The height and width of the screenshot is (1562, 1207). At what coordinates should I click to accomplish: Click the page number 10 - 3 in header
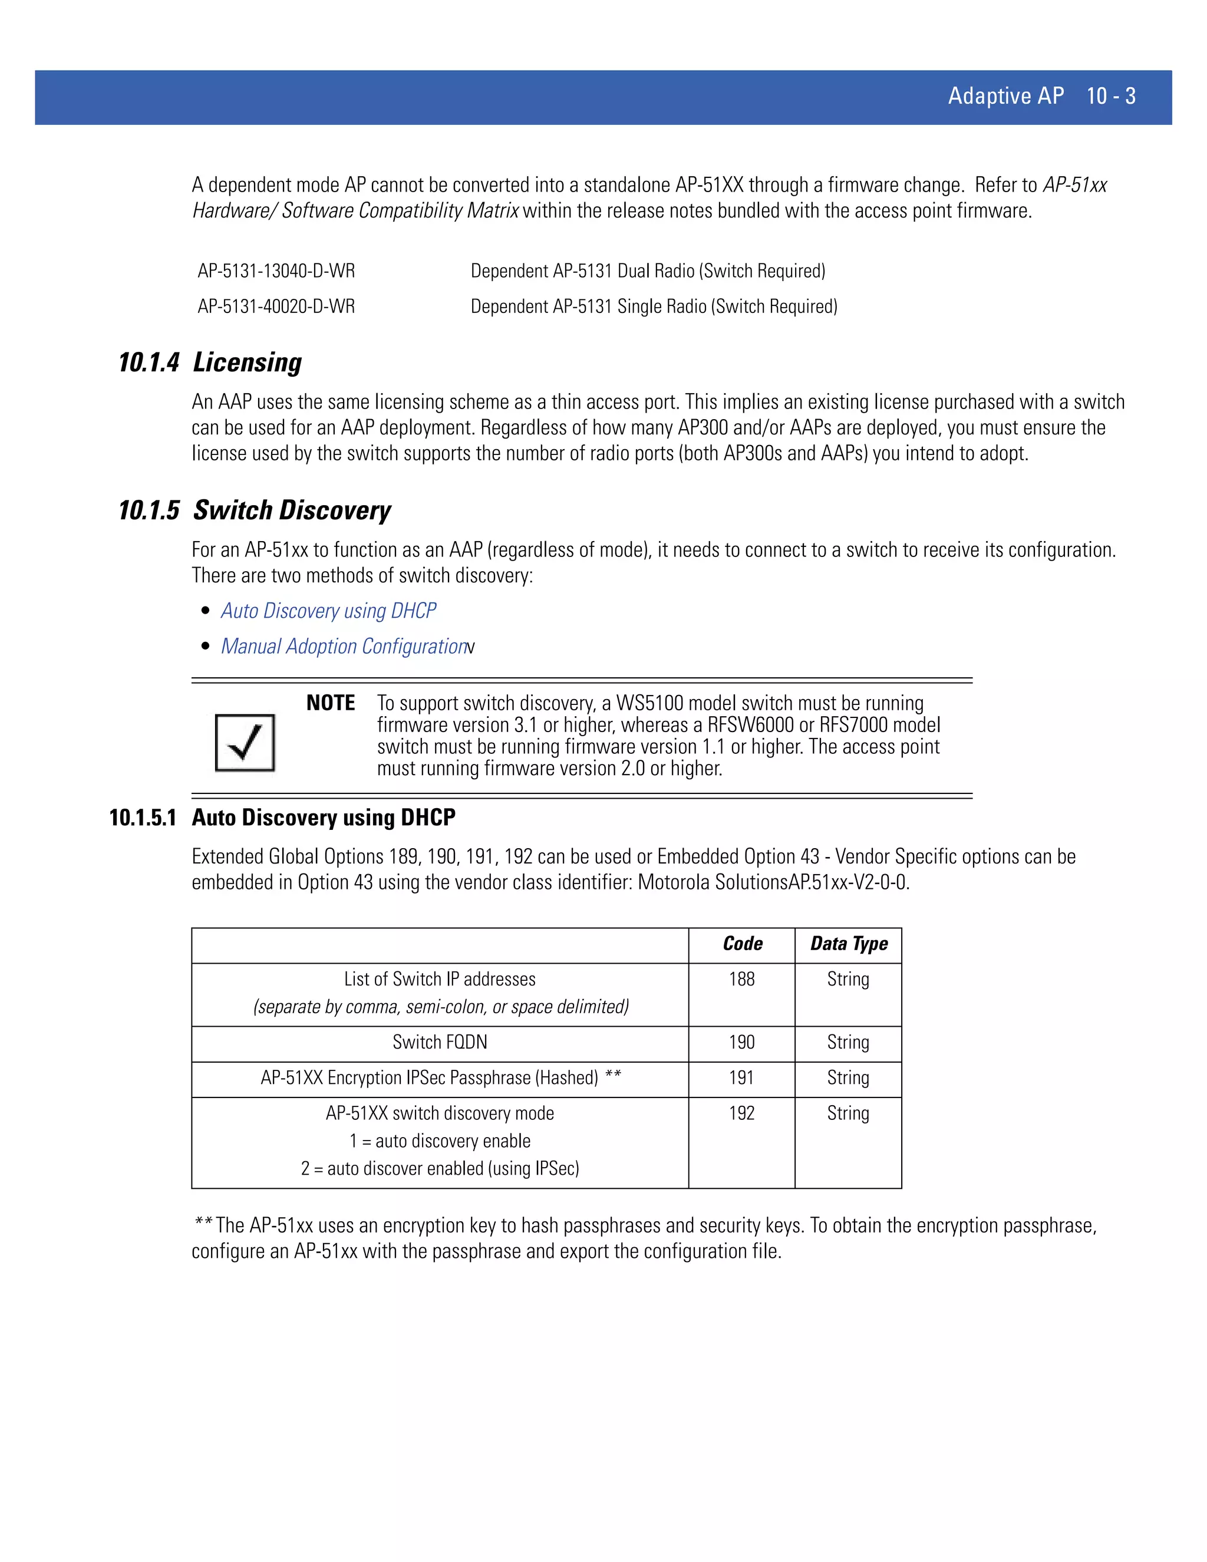(1110, 96)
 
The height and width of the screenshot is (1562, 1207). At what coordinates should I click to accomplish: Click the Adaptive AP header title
(1005, 96)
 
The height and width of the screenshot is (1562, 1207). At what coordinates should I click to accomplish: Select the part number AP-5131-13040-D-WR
(276, 271)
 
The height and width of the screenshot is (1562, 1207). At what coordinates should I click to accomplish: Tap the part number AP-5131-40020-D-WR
(276, 307)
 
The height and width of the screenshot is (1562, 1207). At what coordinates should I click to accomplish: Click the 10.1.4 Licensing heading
(210, 363)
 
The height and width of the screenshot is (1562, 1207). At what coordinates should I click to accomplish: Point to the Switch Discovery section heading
(292, 510)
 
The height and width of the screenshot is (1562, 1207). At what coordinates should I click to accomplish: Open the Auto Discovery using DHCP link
(328, 611)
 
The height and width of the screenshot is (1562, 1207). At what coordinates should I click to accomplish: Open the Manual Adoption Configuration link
(344, 647)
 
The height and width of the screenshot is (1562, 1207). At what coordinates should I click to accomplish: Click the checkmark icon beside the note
(245, 742)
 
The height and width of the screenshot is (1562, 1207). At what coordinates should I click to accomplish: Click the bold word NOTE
(331, 703)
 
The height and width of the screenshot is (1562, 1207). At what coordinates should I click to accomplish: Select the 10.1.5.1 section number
(142, 818)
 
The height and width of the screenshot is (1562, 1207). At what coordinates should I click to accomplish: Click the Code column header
(742, 944)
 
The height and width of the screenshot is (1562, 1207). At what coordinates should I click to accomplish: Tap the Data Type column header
(849, 944)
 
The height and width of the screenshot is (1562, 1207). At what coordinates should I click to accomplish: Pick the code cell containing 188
(741, 979)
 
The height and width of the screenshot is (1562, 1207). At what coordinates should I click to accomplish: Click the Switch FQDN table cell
(440, 1043)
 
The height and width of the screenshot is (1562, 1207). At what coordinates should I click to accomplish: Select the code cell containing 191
(741, 1078)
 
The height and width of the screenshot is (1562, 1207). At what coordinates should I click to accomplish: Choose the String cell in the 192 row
(848, 1113)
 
